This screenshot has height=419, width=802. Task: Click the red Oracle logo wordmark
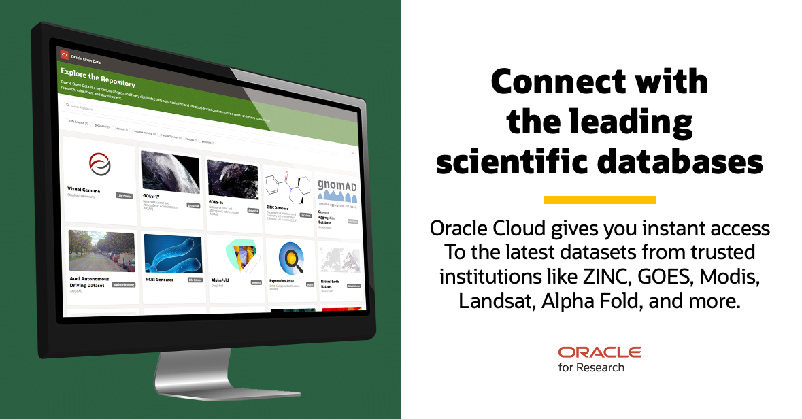[599, 352]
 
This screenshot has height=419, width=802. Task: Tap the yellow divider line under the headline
[599, 200]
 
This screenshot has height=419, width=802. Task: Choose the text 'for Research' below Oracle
[591, 368]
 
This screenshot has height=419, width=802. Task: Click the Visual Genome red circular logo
[99, 164]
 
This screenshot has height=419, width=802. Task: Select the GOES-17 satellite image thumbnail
[170, 173]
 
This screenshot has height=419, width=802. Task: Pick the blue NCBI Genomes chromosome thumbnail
[173, 254]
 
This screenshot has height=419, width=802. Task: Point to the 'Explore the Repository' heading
[97, 78]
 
